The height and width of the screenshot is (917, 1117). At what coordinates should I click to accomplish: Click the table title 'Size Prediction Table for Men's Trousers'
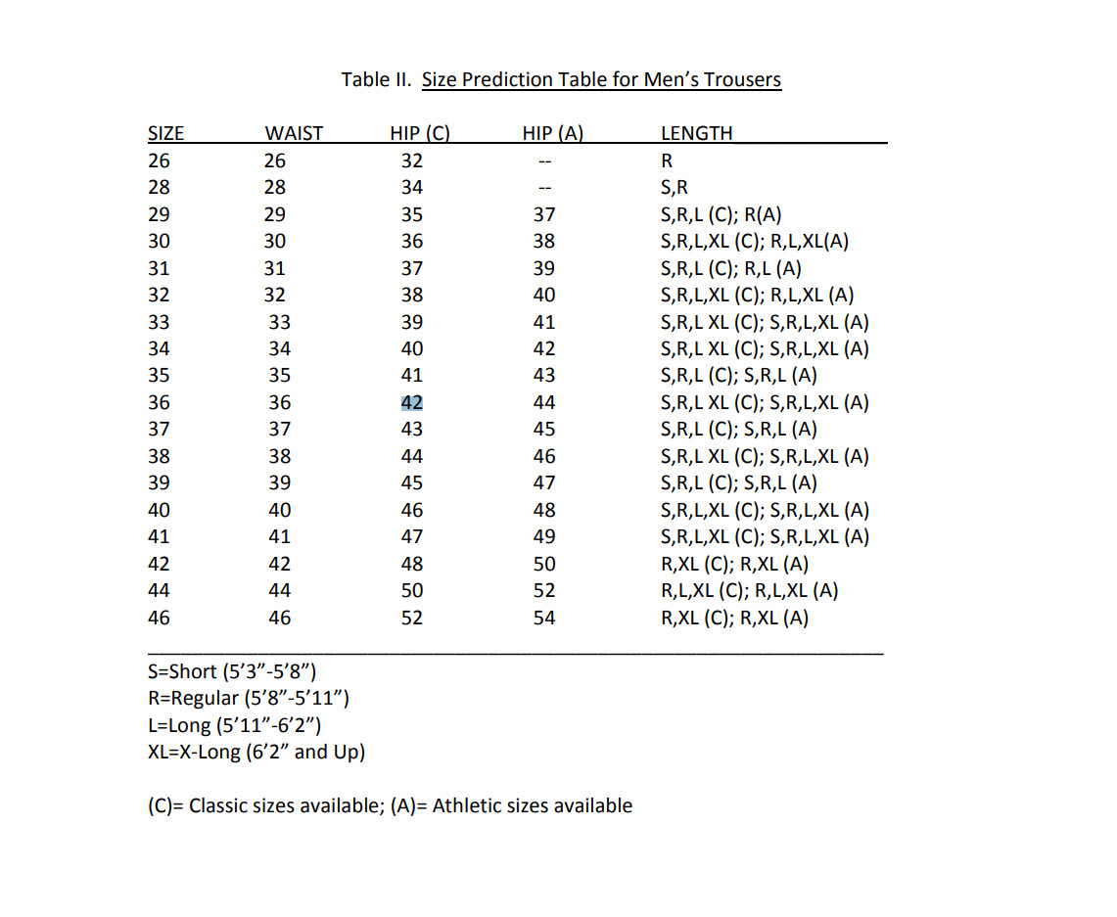pos(601,79)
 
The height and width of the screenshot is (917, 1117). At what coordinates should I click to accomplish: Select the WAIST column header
pos(294,134)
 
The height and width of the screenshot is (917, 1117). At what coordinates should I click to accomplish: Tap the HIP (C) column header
pos(419,134)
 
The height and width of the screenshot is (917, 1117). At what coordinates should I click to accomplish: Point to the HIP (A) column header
pos(553,134)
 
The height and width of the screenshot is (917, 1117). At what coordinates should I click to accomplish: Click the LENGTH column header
pos(696,134)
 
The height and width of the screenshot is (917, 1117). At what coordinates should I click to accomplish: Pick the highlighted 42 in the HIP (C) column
pos(412,402)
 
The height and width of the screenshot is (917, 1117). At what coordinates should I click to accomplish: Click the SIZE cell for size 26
pos(158,160)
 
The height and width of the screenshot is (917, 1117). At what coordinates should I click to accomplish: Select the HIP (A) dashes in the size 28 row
pos(545,188)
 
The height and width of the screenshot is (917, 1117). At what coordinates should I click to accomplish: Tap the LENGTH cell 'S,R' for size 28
pos(675,188)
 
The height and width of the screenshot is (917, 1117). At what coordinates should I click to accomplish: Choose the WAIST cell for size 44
pos(279,590)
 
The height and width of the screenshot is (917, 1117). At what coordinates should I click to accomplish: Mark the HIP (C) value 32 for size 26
pos(412,160)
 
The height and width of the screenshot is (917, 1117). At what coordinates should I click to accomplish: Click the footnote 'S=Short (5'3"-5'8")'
pos(231,671)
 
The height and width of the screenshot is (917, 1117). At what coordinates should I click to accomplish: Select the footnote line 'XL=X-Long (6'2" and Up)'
pos(256,752)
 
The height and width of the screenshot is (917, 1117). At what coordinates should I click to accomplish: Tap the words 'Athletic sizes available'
pos(533,805)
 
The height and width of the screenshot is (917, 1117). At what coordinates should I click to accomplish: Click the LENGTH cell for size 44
pos(750,590)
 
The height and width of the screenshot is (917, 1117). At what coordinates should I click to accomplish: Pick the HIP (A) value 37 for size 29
pos(544,214)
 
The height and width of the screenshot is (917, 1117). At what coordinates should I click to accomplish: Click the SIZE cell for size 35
pos(158,375)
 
